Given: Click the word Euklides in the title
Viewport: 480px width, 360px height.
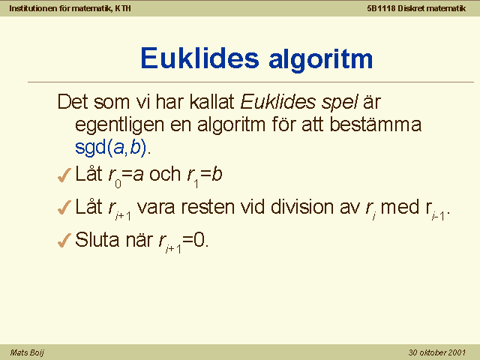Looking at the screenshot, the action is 200,58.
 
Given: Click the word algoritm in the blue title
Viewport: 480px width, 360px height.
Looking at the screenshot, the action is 321,60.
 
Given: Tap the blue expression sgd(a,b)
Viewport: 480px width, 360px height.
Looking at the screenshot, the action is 110,148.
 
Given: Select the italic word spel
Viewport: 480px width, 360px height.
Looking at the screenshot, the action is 340,103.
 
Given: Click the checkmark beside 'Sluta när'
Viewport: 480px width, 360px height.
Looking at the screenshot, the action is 64,240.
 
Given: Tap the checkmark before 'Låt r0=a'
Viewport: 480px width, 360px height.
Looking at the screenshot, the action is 64,175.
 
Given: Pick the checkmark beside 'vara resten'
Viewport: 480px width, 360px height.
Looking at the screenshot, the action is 64,207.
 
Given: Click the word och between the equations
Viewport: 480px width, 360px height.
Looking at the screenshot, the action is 165,174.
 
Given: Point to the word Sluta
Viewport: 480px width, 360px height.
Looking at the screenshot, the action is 97,239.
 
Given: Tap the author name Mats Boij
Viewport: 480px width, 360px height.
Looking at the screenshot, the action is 27,352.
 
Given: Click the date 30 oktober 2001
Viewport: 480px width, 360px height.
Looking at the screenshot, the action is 437,352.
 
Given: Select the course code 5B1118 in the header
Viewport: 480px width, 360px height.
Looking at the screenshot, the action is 381,8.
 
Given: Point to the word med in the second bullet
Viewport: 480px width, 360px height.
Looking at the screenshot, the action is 400,207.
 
